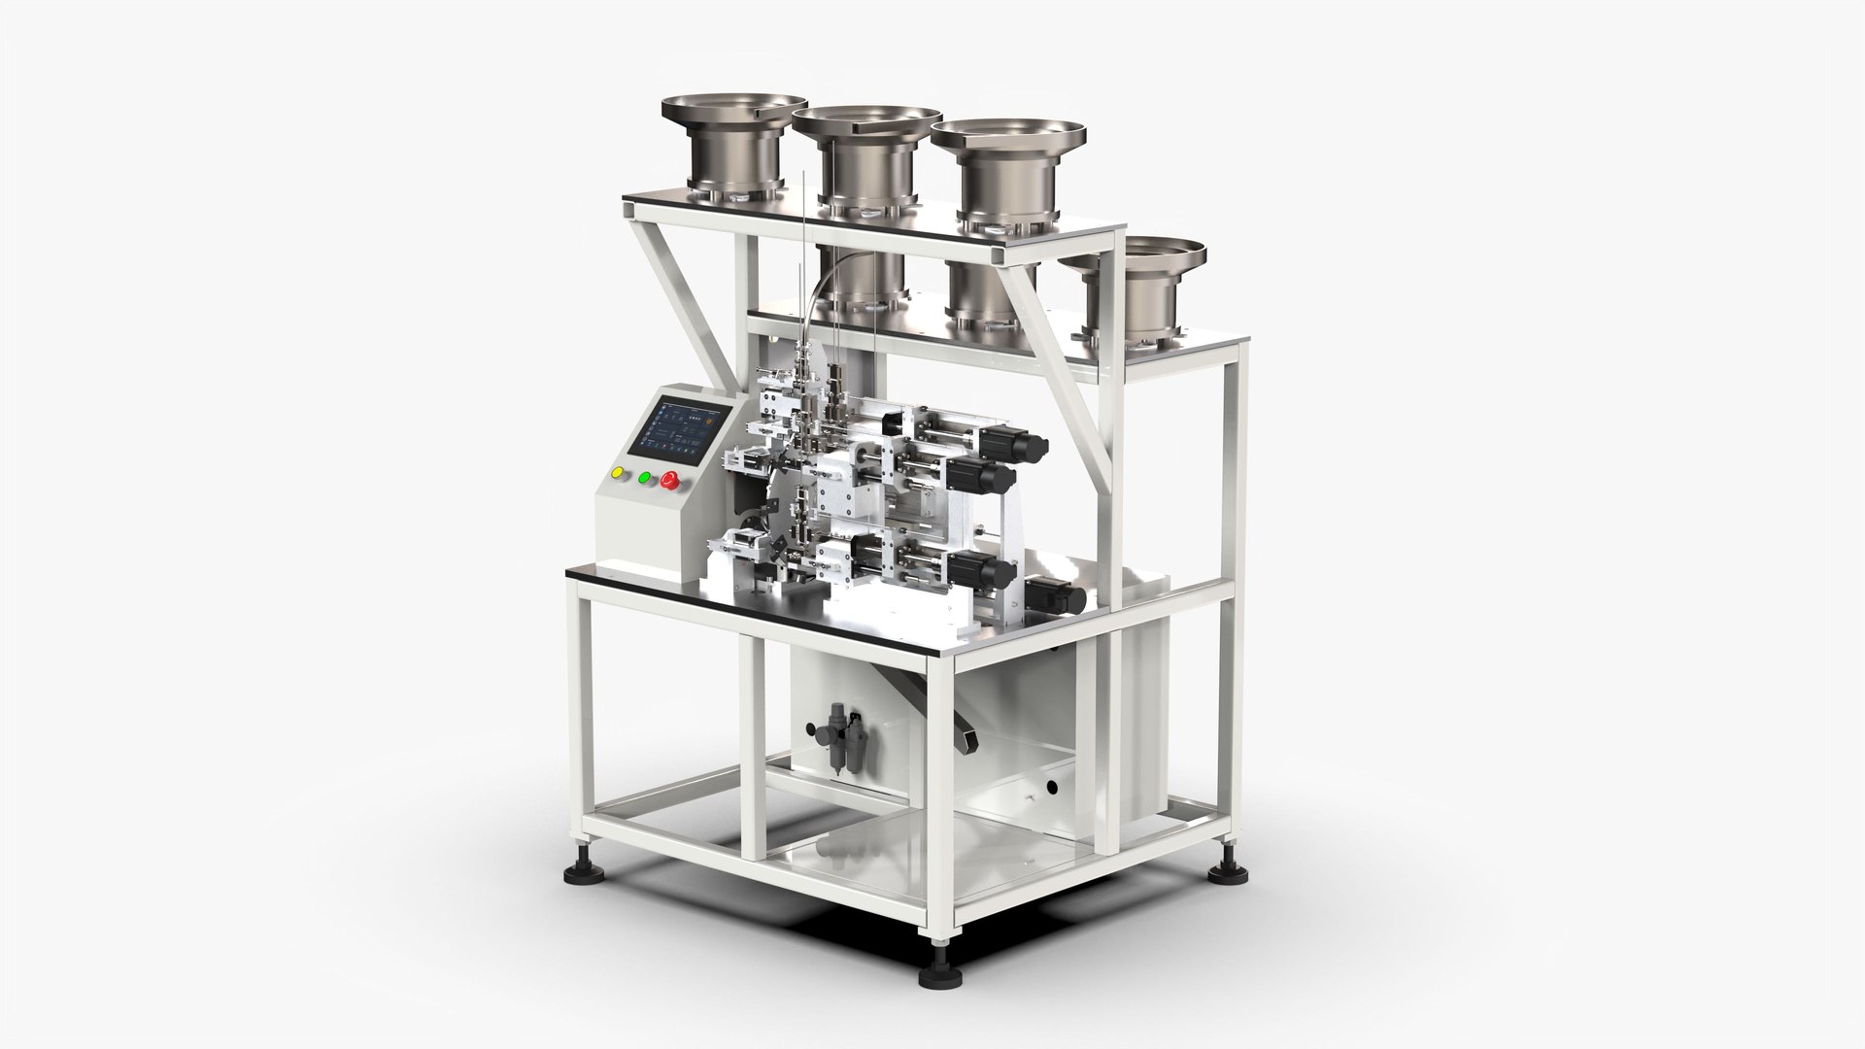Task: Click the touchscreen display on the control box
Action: [677, 425]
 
